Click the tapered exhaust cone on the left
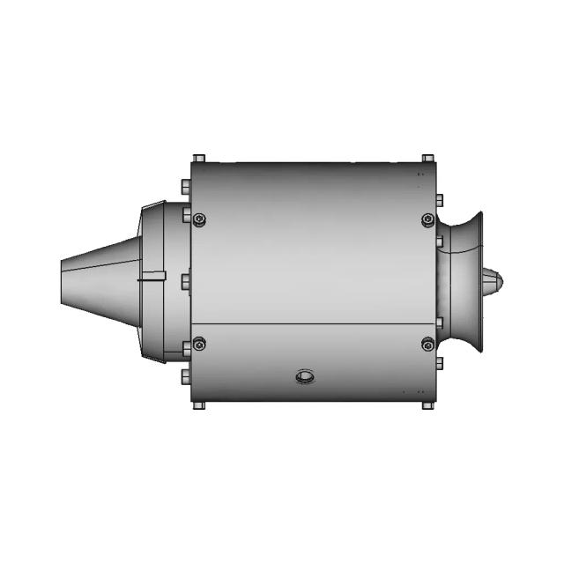[97, 280]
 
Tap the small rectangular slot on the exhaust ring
[152, 276]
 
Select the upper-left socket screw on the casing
[199, 219]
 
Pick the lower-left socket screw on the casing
[199, 344]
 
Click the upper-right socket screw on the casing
[428, 219]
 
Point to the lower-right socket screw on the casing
[428, 344]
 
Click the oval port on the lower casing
[304, 377]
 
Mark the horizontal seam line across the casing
[313, 323]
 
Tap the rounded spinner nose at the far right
[493, 282]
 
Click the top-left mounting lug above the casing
[198, 159]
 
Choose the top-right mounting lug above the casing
[427, 159]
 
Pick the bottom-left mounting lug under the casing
[198, 405]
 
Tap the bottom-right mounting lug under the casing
[427, 405]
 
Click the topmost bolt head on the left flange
[185, 188]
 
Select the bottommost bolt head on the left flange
[185, 376]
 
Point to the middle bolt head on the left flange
[185, 282]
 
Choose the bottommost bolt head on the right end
[439, 362]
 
